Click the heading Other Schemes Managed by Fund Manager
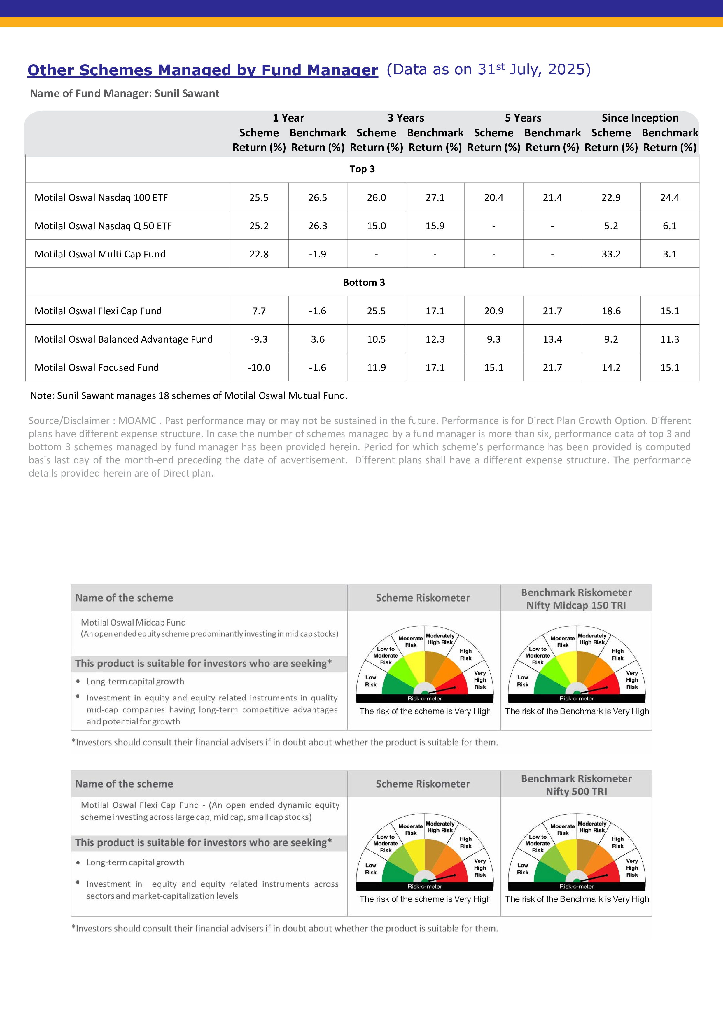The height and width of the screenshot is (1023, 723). pos(203,70)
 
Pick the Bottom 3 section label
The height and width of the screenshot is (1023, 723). pos(363,283)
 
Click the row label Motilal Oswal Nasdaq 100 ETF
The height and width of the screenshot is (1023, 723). pos(101,197)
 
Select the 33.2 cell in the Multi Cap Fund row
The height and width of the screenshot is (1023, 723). pos(611,254)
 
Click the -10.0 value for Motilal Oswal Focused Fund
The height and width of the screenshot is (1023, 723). pos(259,367)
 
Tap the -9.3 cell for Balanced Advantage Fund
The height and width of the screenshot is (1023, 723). pos(259,339)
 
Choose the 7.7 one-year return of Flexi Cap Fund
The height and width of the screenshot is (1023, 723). pos(259,311)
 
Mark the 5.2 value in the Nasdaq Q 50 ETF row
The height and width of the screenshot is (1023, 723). pos(611,226)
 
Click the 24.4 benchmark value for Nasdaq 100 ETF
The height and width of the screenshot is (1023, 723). pos(670,197)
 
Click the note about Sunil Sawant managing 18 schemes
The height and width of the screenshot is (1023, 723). pos(188,396)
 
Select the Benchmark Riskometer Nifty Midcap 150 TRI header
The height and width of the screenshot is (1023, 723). pos(576,599)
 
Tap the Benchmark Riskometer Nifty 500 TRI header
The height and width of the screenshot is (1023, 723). pos(576,785)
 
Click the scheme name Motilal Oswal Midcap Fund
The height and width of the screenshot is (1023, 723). pos(133,622)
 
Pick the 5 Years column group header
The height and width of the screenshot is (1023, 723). pos(523,118)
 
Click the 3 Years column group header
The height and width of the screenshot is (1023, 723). pos(405,118)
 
